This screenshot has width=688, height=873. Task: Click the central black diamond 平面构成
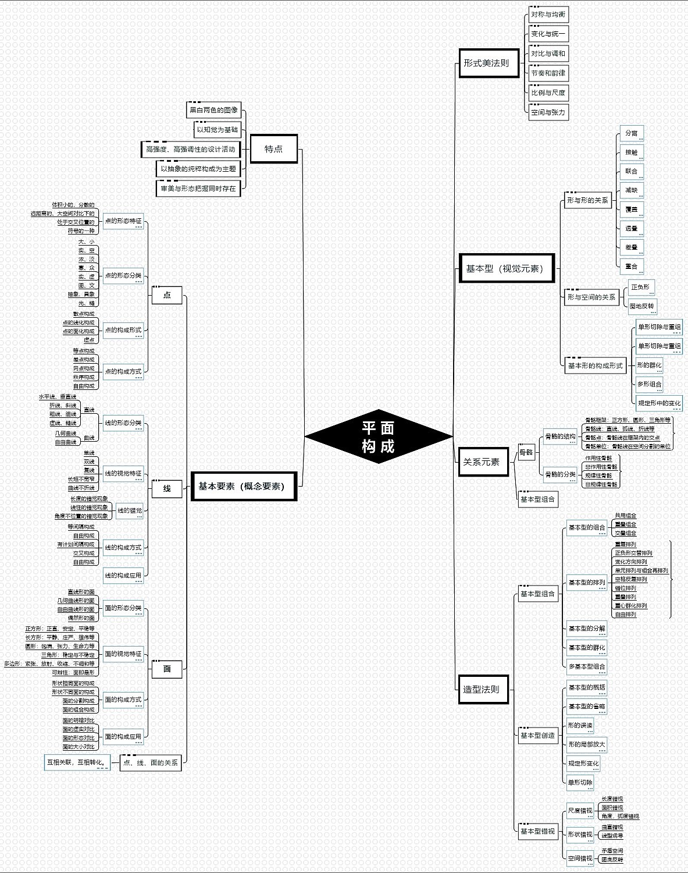coord(379,436)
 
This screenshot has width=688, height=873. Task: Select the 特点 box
coord(273,149)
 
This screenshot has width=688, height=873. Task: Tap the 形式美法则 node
coord(487,63)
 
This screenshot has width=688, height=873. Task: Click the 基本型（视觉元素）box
coord(506,268)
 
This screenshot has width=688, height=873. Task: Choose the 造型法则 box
coord(482,689)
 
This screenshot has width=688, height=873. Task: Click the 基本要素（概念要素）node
coord(243,486)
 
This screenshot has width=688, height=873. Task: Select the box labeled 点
coord(167,295)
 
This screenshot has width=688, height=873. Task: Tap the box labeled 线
coord(167,489)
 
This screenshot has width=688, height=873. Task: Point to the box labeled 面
coord(167,669)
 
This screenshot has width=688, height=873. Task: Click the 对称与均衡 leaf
coord(548,15)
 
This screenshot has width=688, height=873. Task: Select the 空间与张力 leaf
coord(548,112)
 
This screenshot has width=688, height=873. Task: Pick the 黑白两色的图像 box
coord(213,110)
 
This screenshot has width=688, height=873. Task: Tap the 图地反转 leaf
coord(642,306)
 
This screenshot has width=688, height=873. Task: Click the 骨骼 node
coord(526,452)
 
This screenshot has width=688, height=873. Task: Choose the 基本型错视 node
coord(537,831)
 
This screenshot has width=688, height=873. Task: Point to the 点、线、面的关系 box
coord(151,762)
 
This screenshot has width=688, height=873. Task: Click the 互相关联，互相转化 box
coord(76,762)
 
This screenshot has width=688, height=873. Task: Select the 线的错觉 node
coord(130,510)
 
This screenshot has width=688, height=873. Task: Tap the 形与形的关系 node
coord(588,200)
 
